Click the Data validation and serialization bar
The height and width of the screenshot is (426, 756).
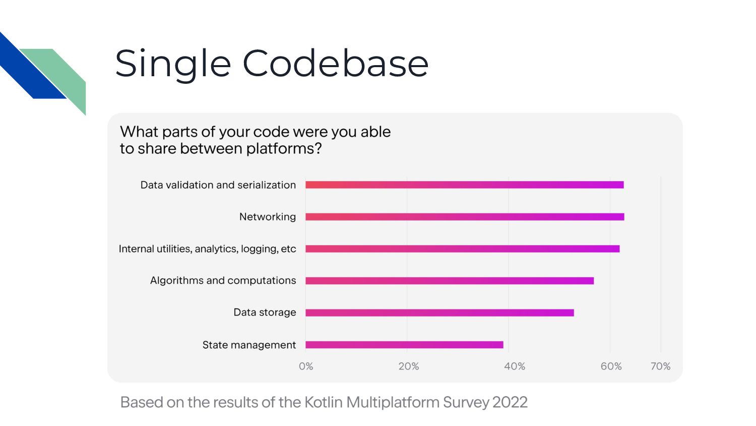[464, 185]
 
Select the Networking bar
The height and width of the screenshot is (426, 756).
[465, 217]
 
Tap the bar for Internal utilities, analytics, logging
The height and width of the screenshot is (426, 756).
[462, 249]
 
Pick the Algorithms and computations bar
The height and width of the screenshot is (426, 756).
[450, 281]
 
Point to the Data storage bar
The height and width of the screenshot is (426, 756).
[439, 313]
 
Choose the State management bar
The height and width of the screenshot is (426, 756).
[404, 345]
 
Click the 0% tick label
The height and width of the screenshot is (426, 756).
[306, 366]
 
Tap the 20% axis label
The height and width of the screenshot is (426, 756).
[408, 366]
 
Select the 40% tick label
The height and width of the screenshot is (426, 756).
[515, 366]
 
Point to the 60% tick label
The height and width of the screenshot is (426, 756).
[611, 366]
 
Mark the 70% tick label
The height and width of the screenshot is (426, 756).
[660, 366]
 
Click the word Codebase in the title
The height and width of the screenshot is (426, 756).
[336, 63]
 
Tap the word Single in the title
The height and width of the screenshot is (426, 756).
[173, 65]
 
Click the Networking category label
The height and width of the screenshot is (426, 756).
[267, 217]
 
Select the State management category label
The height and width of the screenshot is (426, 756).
[249, 345]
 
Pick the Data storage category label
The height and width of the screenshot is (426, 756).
[265, 312]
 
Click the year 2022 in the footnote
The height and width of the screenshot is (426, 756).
[509, 402]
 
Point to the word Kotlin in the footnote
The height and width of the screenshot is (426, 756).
[324, 402]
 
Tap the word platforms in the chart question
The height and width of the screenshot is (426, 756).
[283, 149]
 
